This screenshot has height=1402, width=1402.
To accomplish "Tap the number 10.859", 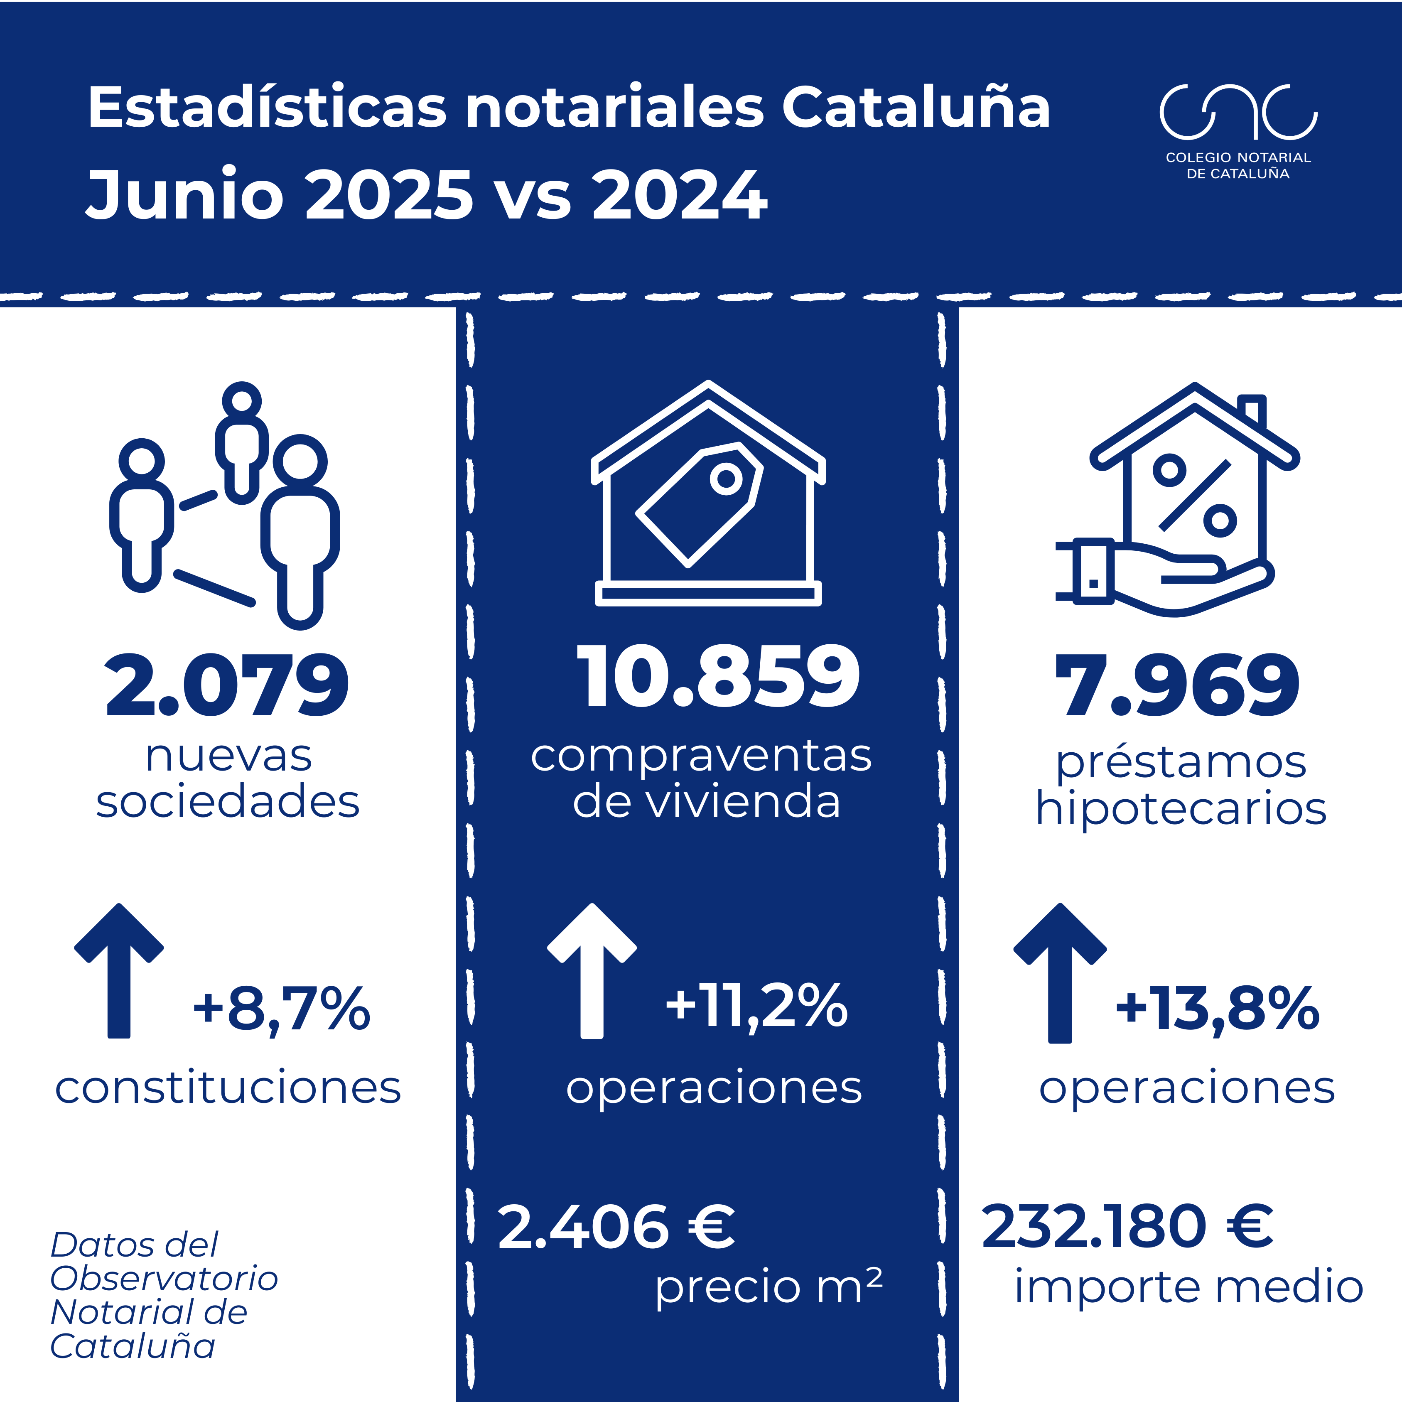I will tap(718, 676).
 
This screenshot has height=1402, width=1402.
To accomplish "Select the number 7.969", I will tap(1176, 686).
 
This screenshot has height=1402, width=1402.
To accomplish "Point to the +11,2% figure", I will tap(756, 1007).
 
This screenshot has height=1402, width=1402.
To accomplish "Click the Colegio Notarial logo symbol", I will tap(1238, 113).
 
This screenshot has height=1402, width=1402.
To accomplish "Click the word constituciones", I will tap(228, 1088).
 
